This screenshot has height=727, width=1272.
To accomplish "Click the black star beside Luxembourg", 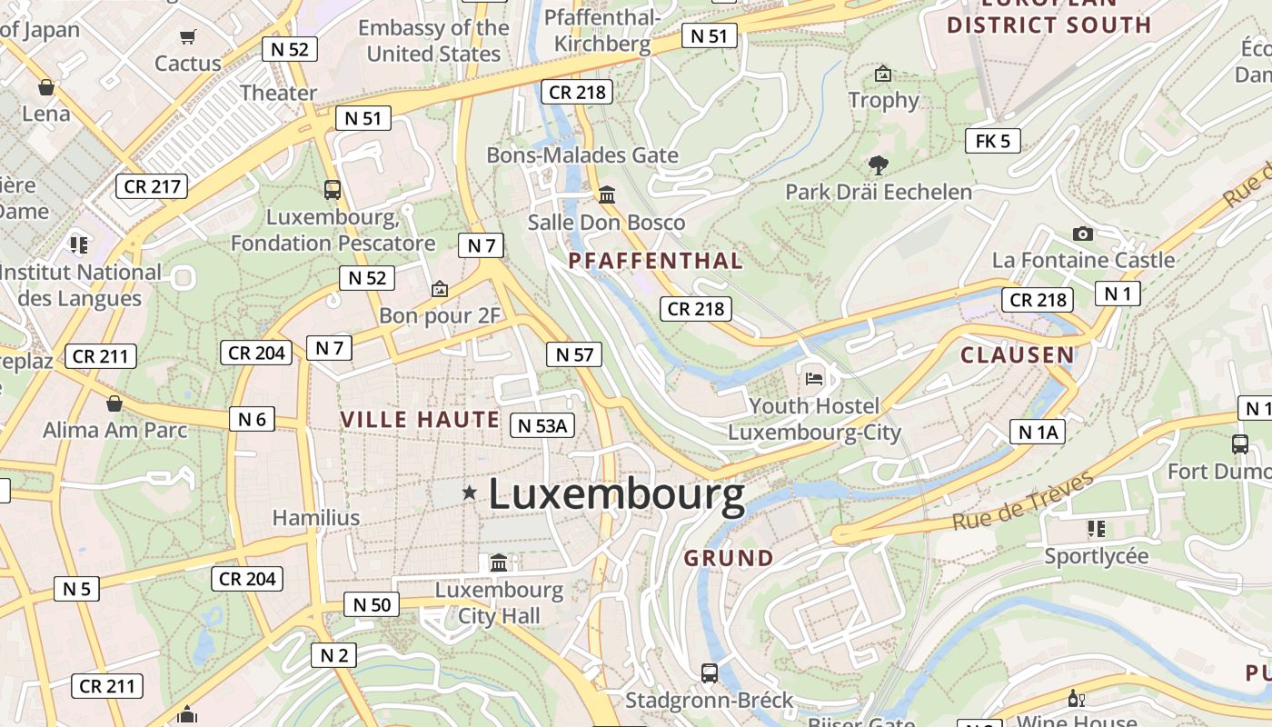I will coord(469,493).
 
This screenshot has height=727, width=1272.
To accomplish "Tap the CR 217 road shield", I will coord(152,186).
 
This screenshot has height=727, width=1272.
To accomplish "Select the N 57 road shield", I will coord(574,354).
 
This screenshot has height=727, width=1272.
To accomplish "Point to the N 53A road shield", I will coord(542,424).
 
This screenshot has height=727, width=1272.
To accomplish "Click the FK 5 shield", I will coord(992,141).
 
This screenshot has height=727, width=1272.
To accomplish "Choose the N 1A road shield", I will coord(1037,432).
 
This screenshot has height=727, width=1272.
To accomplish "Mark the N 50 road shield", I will coord(372,604).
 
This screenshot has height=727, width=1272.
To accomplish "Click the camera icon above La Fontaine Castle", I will coord(1082,234).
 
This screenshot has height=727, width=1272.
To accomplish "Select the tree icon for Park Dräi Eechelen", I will coord(878,165).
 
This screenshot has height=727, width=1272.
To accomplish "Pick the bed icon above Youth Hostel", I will coord(813,377).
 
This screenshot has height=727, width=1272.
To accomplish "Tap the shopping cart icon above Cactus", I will coord(187,37).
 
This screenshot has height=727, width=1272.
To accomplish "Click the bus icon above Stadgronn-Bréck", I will coord(709,673).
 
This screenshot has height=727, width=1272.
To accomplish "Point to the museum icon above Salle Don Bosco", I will coord(606,194).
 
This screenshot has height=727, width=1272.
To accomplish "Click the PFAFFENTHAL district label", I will coord(655,262).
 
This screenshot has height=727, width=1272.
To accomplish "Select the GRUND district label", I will coord(729,558).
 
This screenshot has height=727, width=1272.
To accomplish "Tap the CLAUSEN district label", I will coord(1017,355).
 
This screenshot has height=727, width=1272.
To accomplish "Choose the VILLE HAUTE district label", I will coord(420,419).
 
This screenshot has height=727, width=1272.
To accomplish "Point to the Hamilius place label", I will coord(316,518).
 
